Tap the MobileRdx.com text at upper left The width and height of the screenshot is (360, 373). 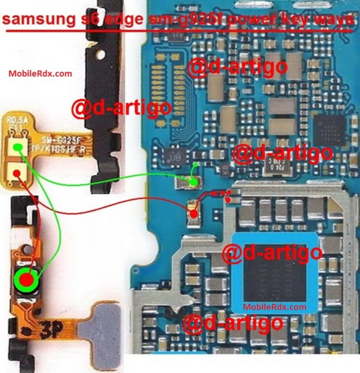pyautogui.click(x=40, y=73)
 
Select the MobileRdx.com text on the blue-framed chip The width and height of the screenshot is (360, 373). pyautogui.click(x=274, y=307)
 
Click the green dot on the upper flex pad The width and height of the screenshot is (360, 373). pyautogui.click(x=17, y=147)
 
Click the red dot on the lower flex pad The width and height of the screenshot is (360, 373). pyautogui.click(x=16, y=173)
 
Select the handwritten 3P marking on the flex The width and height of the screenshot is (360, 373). pyautogui.click(x=52, y=327)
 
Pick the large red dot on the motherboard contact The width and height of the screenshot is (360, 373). pyautogui.click(x=193, y=213)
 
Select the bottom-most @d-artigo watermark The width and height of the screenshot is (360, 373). pyautogui.click(x=233, y=323)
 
